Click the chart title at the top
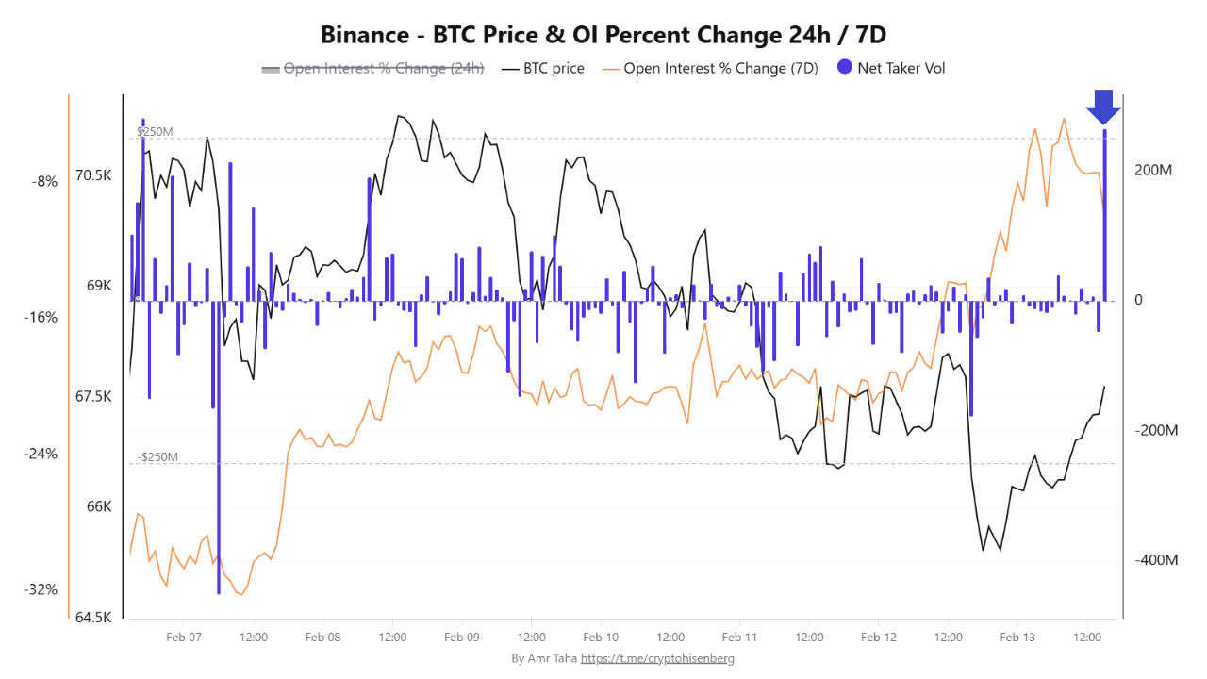603,35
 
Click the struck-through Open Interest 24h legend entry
373,68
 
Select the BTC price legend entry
543,68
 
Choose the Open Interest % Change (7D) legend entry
710,68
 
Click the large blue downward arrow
1103,107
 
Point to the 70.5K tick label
93,175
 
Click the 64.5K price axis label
93,618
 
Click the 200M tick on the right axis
1153,171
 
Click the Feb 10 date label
601,638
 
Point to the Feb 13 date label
1017,638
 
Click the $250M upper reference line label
155,132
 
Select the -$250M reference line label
157,457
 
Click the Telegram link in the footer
657,658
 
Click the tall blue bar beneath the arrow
1104,217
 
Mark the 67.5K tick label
93,397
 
